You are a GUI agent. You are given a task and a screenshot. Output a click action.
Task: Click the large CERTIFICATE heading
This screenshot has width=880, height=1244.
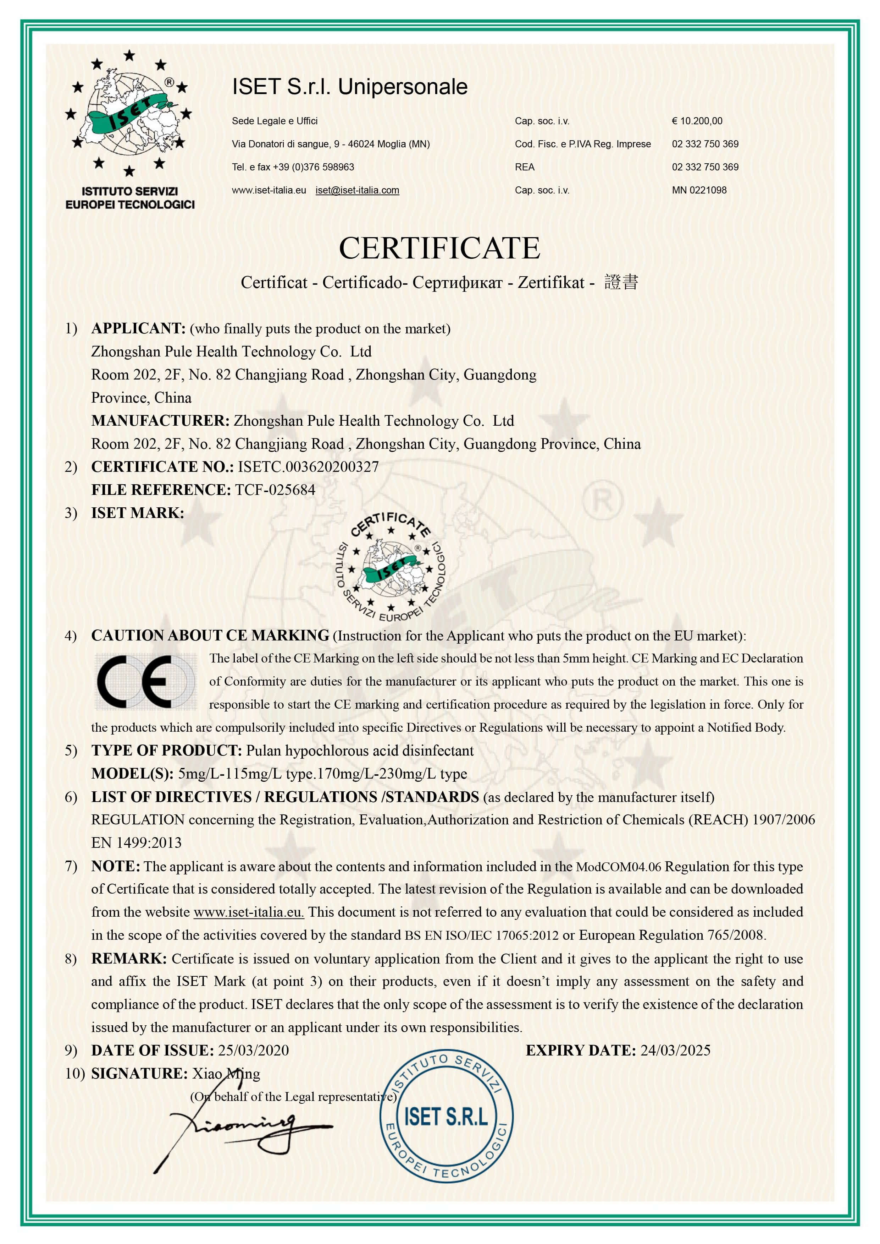439,249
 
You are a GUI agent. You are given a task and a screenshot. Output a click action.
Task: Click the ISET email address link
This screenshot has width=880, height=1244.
357,190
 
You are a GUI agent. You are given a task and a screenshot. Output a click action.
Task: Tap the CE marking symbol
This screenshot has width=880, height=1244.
145,682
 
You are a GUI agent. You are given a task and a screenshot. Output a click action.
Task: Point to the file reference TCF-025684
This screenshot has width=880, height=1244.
275,490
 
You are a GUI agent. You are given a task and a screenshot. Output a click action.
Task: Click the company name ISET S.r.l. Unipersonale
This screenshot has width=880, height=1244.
349,87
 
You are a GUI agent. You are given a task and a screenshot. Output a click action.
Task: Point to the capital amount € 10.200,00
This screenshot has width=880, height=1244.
697,121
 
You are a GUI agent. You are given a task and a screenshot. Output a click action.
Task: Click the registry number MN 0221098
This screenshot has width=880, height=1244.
699,190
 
